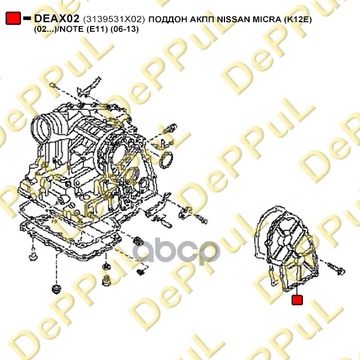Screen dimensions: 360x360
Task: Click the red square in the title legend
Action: pyautogui.click(x=13, y=18)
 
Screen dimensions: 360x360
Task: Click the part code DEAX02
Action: pyautogui.click(x=57, y=19)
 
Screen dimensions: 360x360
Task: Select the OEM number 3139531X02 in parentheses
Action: pyautogui.click(x=114, y=19)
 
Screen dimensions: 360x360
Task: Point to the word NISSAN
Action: pyautogui.click(x=234, y=19)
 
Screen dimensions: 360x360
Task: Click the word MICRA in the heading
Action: pyautogui.click(x=267, y=19)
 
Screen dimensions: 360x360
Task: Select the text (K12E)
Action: pyautogui.click(x=298, y=20)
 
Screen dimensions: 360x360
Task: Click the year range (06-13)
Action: pyautogui.click(x=125, y=29)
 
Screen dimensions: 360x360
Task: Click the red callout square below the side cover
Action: pyautogui.click(x=297, y=300)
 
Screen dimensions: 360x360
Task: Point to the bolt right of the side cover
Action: pyautogui.click(x=336, y=269)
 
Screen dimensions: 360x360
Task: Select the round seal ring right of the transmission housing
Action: pyautogui.click(x=167, y=160)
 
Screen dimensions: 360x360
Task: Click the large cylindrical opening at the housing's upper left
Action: pyautogui.click(x=43, y=130)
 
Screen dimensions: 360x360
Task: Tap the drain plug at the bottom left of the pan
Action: pyautogui.click(x=56, y=289)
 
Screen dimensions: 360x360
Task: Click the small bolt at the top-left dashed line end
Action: pyautogui.click(x=52, y=85)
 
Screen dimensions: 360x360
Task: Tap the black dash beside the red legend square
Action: pyautogui.click(x=27, y=18)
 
